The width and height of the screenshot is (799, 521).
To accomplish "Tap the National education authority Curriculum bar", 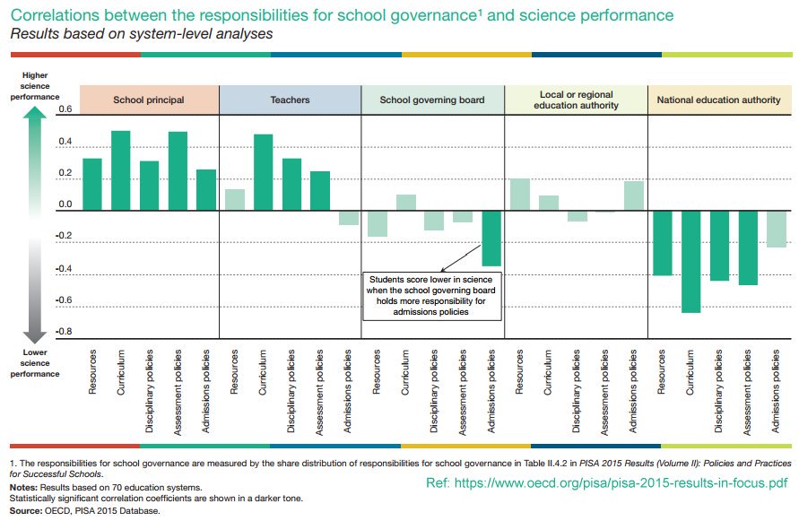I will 690,262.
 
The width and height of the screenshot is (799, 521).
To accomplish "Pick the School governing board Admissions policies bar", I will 491,239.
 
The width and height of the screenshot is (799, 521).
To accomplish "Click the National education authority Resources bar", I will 662,243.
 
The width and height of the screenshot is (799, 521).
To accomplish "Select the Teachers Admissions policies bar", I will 349,218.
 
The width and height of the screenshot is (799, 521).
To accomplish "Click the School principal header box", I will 149,100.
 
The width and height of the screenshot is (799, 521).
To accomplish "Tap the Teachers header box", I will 290,100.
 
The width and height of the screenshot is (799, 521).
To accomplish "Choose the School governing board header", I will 431,100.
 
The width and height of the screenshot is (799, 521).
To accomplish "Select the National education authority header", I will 718,100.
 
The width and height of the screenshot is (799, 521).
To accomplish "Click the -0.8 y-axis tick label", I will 39,332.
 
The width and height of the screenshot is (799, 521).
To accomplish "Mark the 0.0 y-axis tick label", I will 40,205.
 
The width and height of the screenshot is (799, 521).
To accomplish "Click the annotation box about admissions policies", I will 431,295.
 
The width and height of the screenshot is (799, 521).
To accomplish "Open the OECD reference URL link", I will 607,482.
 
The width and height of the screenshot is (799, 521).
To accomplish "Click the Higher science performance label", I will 35,85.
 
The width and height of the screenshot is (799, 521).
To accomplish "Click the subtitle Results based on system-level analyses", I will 141,34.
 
